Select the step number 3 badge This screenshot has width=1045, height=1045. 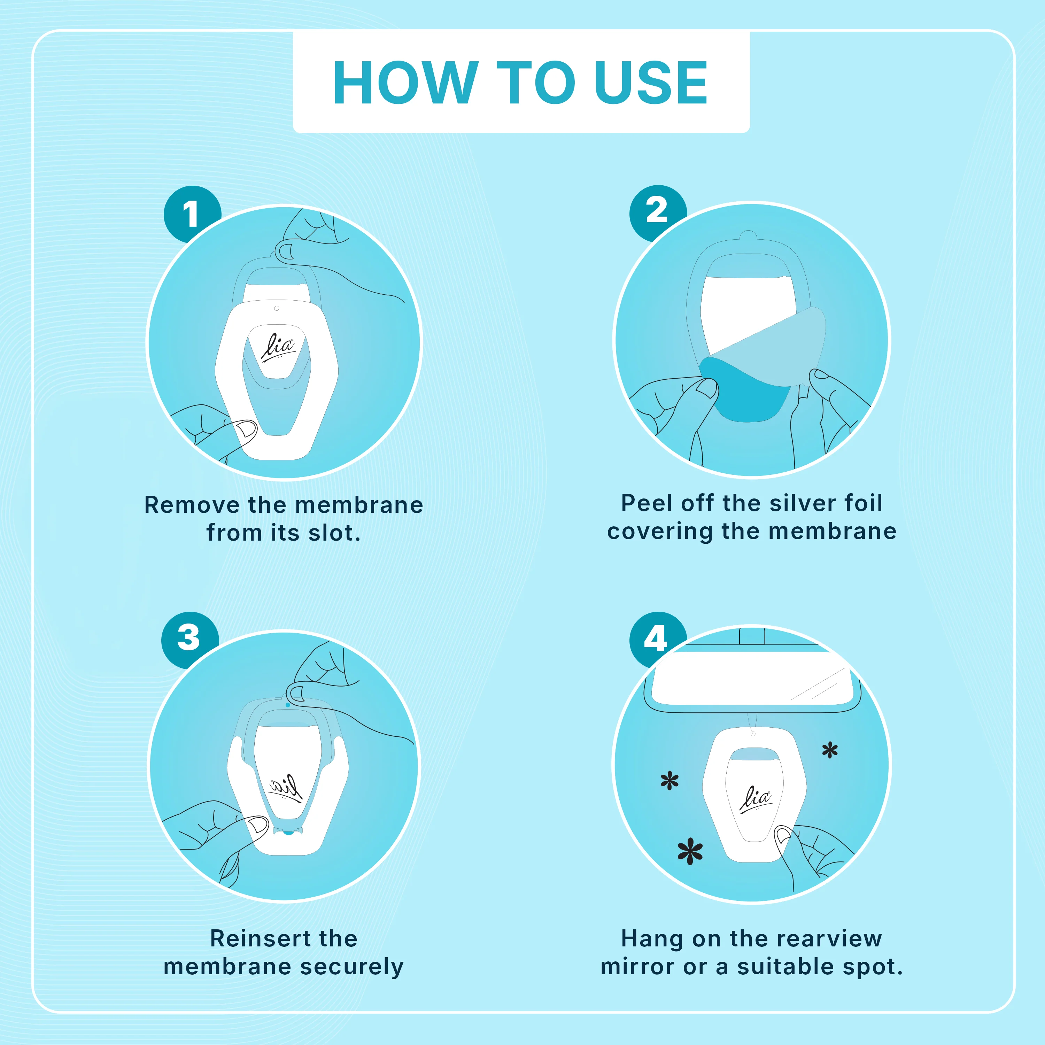[189, 638]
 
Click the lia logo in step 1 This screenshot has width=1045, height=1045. [278, 346]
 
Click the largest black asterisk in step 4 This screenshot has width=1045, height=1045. [690, 851]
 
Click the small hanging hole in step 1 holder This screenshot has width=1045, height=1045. [276, 308]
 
